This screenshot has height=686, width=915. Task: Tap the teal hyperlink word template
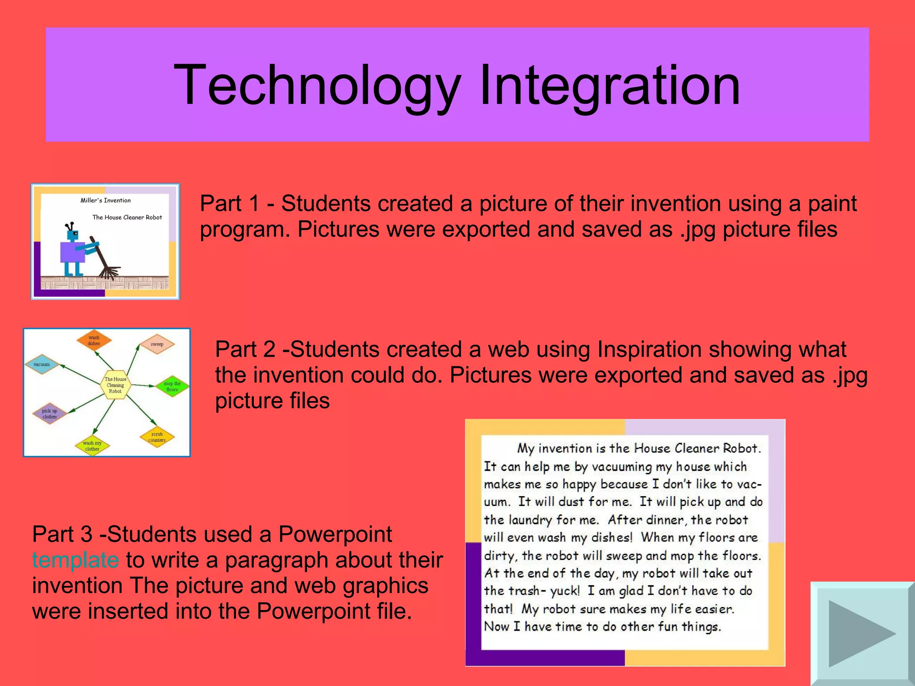point(75,560)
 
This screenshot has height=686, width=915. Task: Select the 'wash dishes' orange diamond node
point(94,340)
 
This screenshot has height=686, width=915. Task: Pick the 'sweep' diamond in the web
point(157,344)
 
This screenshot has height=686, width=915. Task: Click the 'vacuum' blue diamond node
point(42,364)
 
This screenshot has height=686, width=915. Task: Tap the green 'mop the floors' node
point(172,386)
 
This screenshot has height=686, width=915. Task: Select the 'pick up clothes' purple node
point(50,414)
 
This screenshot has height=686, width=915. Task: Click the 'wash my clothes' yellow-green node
point(92,446)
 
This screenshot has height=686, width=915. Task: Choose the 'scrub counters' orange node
point(157,437)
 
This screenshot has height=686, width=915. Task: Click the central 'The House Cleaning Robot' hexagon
point(115,385)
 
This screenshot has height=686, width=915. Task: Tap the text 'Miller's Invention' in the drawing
point(105,201)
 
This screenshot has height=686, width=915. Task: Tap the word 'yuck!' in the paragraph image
point(565,591)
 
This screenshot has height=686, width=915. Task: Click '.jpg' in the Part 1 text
point(697,230)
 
